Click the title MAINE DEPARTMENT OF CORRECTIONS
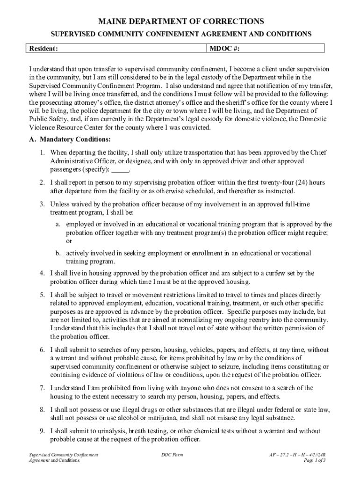click(x=180, y=22)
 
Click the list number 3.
click(x=42, y=204)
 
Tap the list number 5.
click(x=42, y=295)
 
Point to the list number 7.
click(x=42, y=388)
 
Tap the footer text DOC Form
click(x=172, y=454)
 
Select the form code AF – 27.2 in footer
click(x=279, y=454)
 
